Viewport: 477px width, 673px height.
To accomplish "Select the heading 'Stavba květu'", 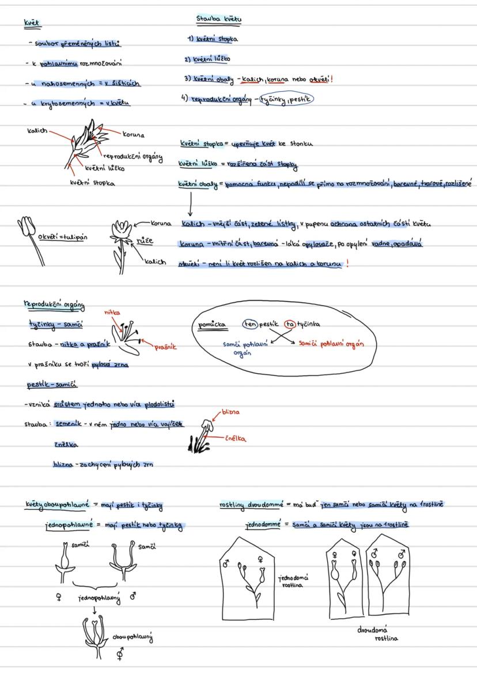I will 219,20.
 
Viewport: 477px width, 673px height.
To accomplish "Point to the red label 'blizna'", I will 230,413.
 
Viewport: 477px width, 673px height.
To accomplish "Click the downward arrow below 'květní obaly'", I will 190,204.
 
